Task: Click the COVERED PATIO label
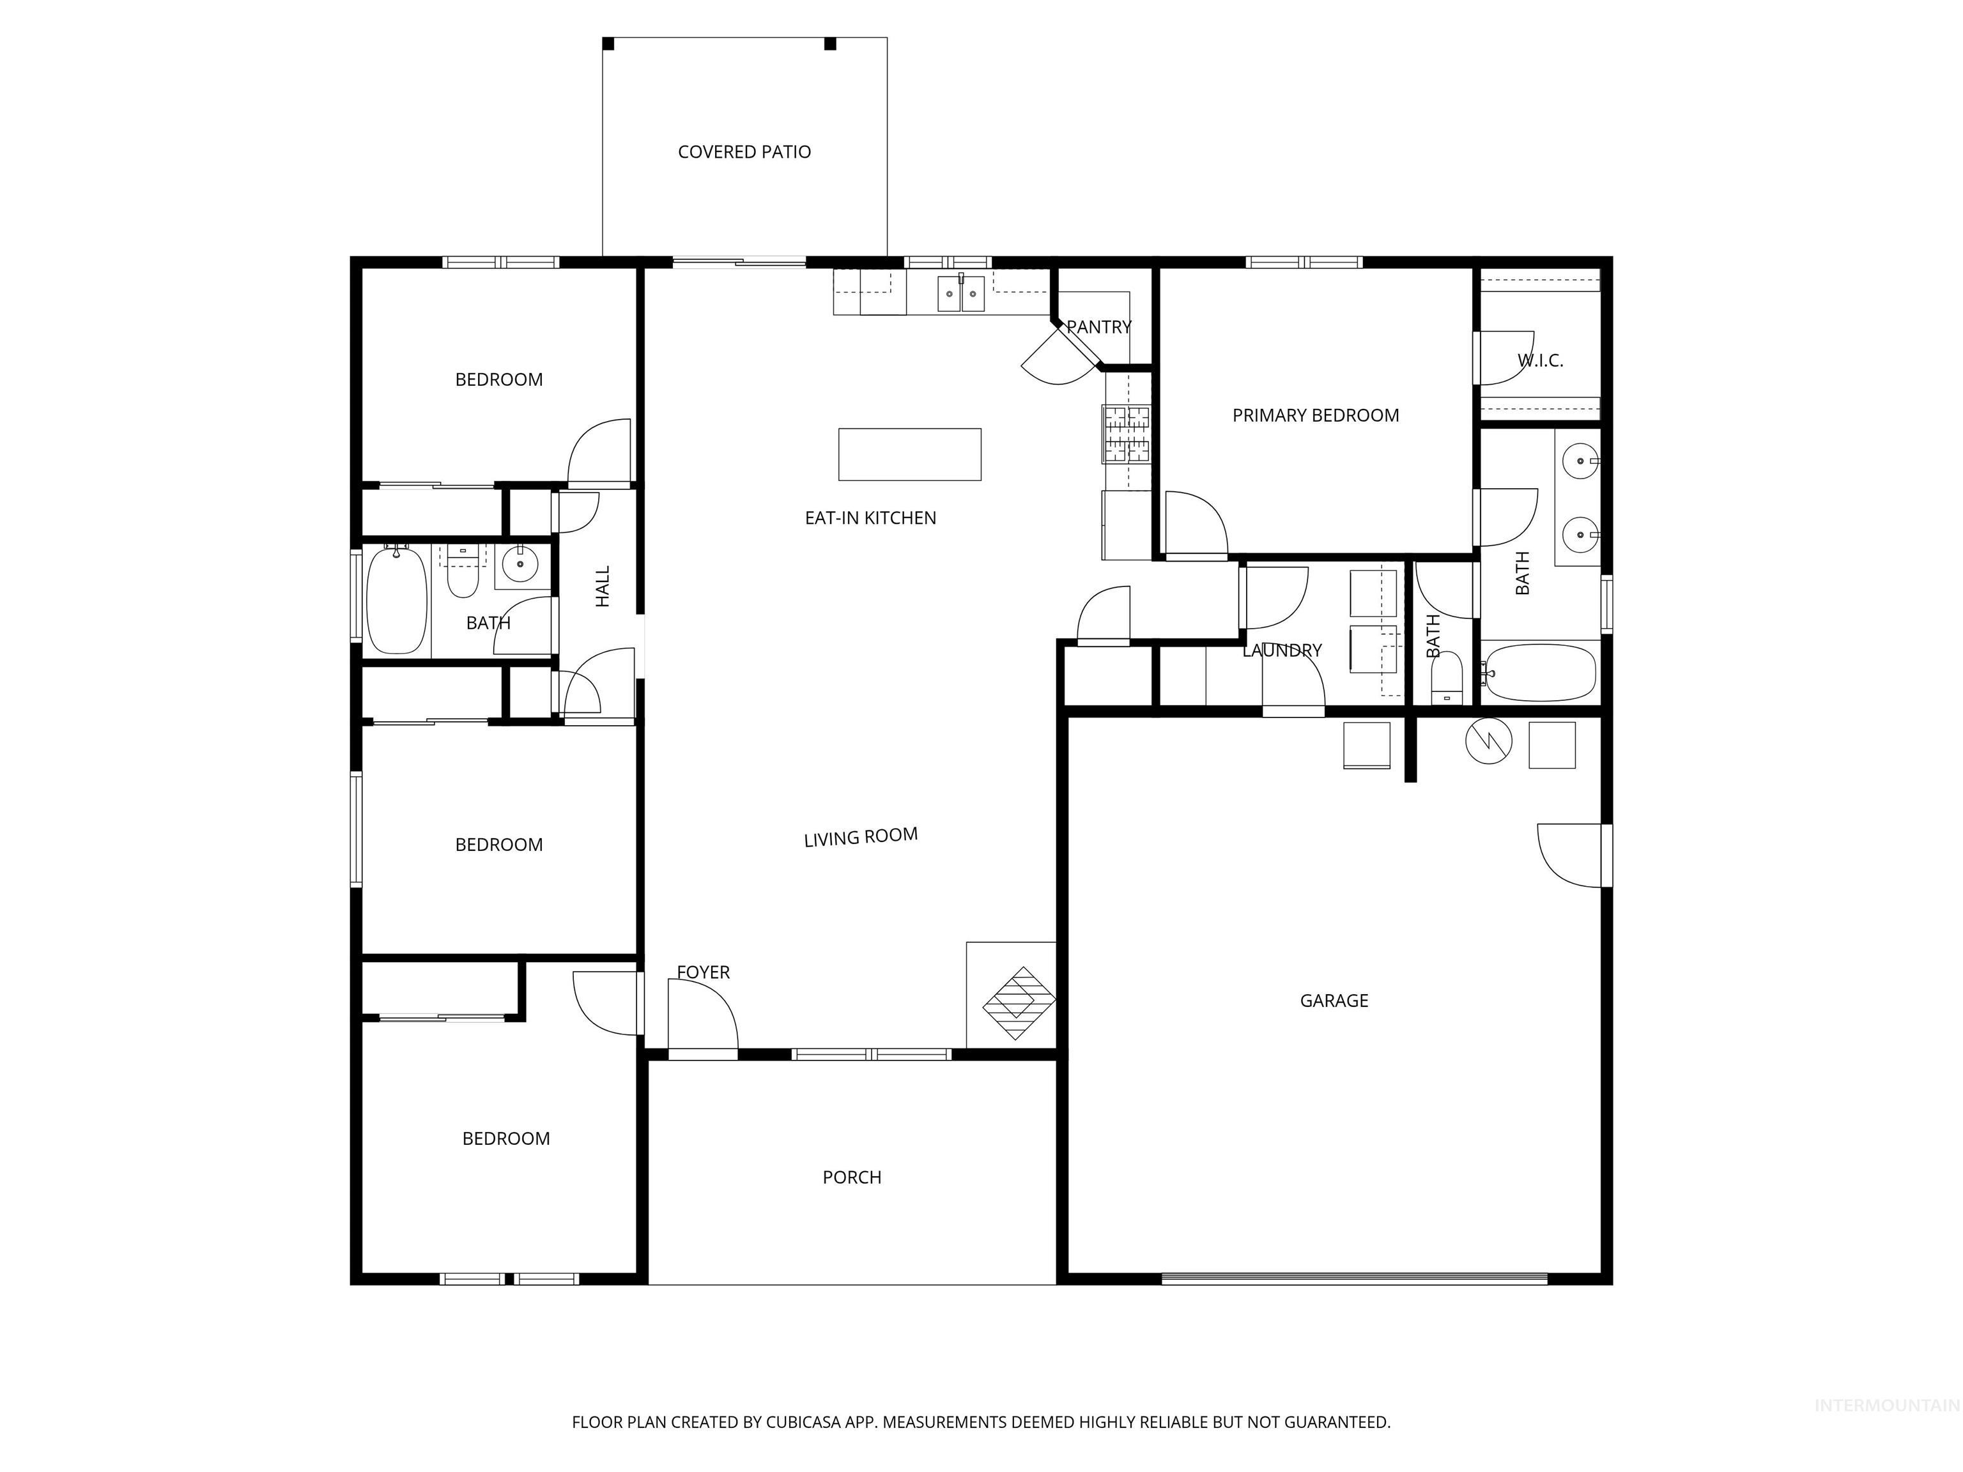click(744, 151)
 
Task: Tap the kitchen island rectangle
click(910, 454)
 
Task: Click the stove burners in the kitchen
click(1126, 434)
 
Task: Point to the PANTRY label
click(1098, 326)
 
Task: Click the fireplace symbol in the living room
click(1019, 1002)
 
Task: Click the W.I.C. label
click(1540, 360)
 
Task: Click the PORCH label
click(852, 1177)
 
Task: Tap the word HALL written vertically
click(603, 586)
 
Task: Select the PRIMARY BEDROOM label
click(1315, 415)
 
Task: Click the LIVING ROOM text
click(860, 837)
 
